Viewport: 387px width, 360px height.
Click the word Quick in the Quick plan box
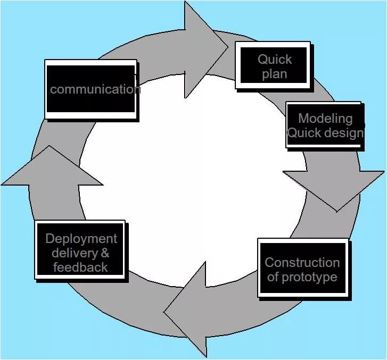click(275, 59)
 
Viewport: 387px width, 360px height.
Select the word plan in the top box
click(274, 74)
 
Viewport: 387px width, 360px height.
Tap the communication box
click(91, 89)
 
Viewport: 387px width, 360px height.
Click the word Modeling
click(325, 118)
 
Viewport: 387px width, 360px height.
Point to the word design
click(343, 132)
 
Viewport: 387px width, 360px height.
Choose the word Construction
click(302, 262)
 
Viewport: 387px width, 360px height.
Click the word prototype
click(309, 277)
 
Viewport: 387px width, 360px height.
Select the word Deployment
click(81, 239)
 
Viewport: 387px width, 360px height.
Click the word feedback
click(80, 267)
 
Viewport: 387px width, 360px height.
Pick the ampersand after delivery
click(104, 253)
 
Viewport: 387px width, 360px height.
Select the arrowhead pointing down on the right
click(334, 189)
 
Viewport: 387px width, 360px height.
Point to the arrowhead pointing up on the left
click(52, 168)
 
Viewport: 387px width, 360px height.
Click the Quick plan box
click(274, 66)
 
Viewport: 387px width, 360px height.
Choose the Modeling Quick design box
click(325, 125)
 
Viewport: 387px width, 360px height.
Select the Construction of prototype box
click(302, 268)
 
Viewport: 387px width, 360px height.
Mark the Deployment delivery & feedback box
click(80, 250)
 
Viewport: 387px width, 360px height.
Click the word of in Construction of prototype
click(273, 277)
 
